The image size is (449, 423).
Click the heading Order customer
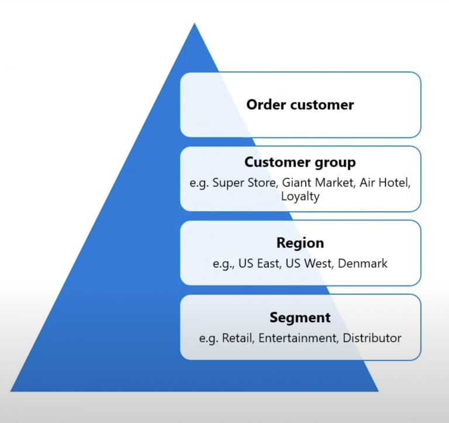pos(300,105)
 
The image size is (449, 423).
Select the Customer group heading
pos(300,162)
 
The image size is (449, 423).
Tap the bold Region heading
pos(300,243)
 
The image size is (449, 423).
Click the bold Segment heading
pos(300,318)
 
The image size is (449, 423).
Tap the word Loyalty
pos(300,196)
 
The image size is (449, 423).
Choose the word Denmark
pos(364,263)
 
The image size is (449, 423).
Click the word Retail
pos(237,338)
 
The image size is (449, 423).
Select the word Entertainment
pos(297,338)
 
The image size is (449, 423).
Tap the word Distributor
pos(372,338)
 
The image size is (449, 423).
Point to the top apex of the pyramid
pos(194,24)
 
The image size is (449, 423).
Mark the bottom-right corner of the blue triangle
pos(378,390)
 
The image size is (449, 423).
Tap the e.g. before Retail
pos(208,338)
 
